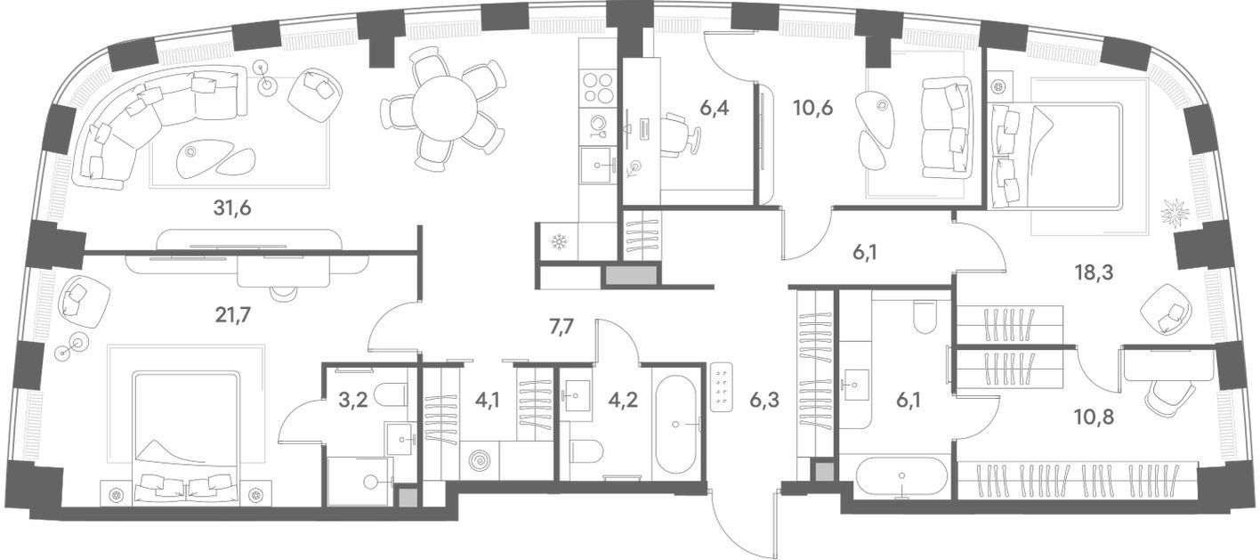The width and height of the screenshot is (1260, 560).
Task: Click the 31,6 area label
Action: coord(232,208)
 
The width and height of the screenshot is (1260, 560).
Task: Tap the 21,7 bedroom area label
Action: coord(232,316)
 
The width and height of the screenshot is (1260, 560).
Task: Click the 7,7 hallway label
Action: coord(561,326)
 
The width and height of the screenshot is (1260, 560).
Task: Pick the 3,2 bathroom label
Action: coord(353,400)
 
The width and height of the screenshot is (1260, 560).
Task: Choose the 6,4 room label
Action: coord(715,107)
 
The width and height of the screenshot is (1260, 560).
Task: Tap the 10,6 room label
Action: coord(812,107)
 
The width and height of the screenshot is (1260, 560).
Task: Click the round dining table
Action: coord(444,109)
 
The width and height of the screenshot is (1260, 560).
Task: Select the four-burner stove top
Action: coord(597,88)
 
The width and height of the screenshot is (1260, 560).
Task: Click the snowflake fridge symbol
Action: coord(559,242)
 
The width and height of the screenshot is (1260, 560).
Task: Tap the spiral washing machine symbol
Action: coord(480,461)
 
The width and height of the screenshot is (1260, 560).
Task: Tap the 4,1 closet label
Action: coord(487,400)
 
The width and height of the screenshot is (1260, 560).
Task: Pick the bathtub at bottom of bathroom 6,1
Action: coord(901,478)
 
